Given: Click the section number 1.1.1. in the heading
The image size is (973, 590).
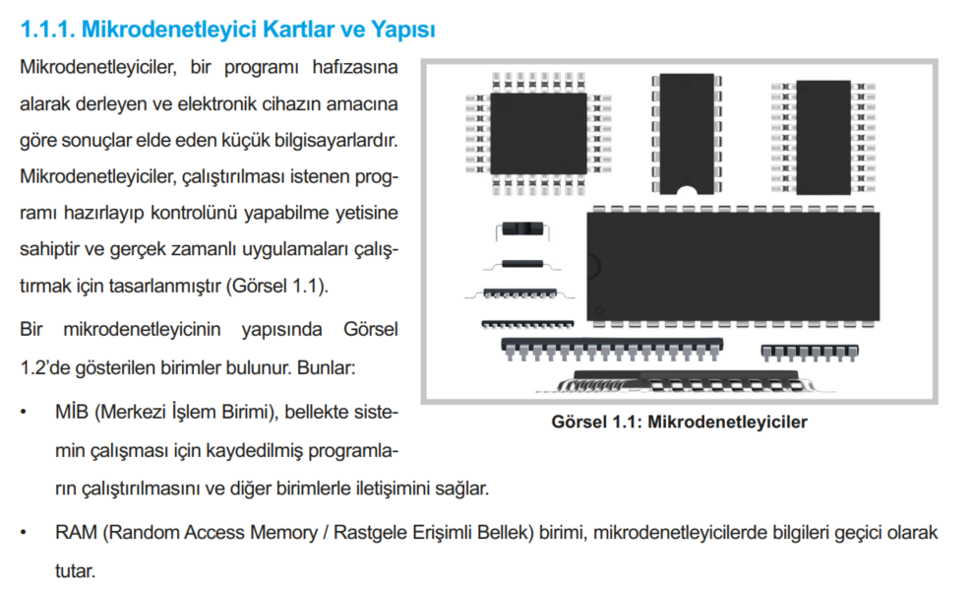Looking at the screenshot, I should point(46,30).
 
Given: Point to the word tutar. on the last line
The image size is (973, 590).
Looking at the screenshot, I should point(75,570).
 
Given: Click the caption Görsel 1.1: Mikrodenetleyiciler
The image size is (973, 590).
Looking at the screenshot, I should point(680,423).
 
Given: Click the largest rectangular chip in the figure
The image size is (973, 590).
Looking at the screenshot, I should point(732,266).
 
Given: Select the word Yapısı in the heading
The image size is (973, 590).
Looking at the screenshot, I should point(399,30).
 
